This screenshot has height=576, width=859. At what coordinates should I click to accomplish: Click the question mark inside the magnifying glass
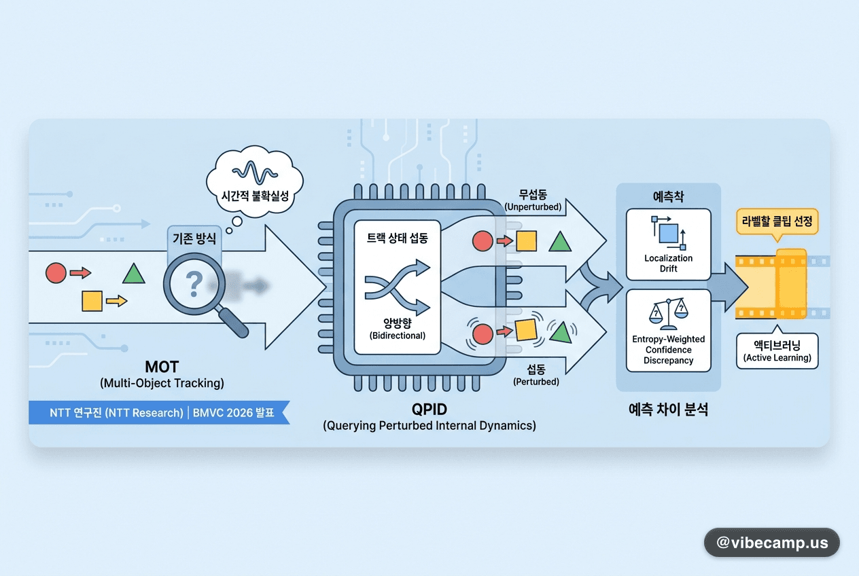pyautogui.click(x=194, y=284)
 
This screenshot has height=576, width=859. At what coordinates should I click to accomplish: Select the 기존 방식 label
pyautogui.click(x=194, y=238)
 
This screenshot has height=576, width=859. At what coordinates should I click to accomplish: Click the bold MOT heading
pyautogui.click(x=162, y=367)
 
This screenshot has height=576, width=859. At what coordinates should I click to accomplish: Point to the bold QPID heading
pyautogui.click(x=429, y=410)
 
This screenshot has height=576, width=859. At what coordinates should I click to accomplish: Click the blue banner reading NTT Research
pyautogui.click(x=159, y=412)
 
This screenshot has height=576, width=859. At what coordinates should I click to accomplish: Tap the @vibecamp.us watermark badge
pyautogui.click(x=771, y=542)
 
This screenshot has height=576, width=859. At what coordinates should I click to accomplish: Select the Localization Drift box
pyautogui.click(x=669, y=245)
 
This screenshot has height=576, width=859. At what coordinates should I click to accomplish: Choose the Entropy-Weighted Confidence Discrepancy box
pyautogui.click(x=669, y=331)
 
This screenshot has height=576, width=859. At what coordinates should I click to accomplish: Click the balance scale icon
pyautogui.click(x=669, y=314)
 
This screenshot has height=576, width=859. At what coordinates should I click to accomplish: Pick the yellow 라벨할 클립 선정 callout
pyautogui.click(x=777, y=222)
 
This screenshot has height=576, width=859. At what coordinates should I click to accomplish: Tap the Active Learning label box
pyautogui.click(x=777, y=350)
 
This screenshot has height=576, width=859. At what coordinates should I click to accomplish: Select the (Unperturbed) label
pyautogui.click(x=533, y=207)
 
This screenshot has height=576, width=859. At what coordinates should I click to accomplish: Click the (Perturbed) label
pyautogui.click(x=536, y=382)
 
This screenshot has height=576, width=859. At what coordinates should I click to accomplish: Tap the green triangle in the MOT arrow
pyautogui.click(x=133, y=273)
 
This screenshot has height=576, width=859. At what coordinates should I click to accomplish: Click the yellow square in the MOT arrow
pyautogui.click(x=92, y=301)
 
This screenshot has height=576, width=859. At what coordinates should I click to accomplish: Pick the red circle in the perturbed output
pyautogui.click(x=483, y=334)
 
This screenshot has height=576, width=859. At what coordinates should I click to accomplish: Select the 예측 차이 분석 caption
pyautogui.click(x=668, y=410)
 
